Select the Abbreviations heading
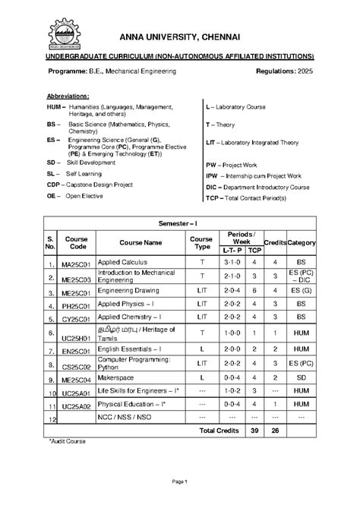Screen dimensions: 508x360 68,97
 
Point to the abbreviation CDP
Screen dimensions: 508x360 53,184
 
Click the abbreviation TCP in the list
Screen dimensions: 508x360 213,197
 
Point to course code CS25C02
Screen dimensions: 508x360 76,365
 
